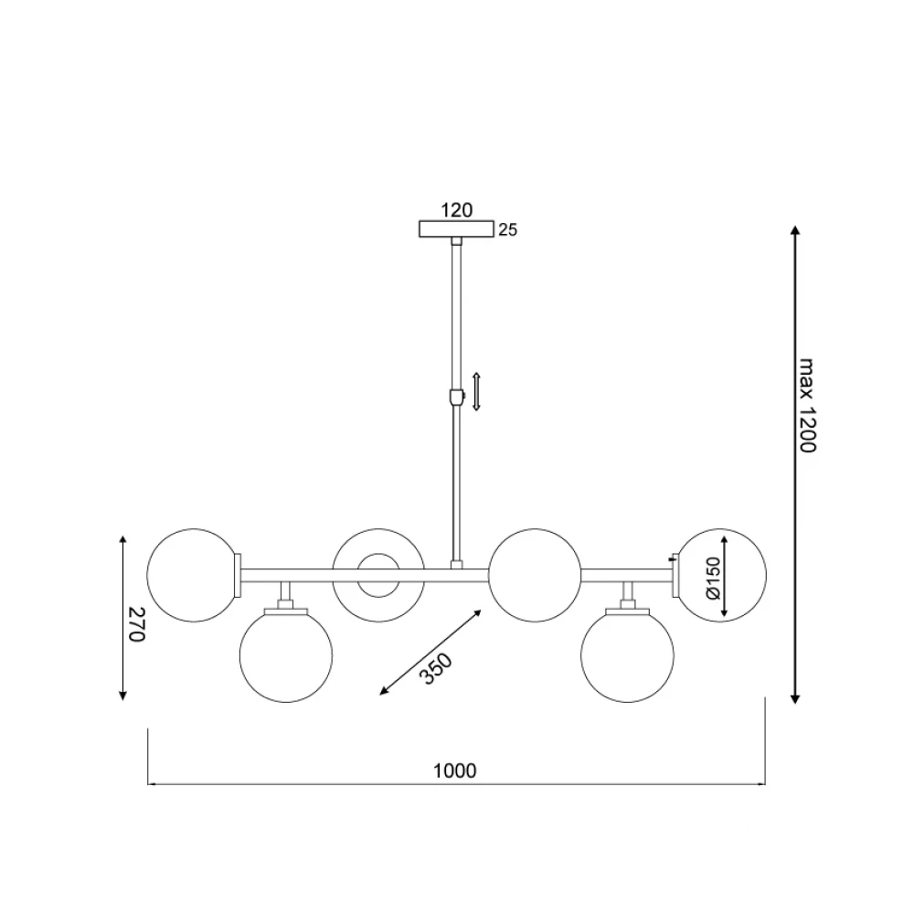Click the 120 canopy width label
[x=456, y=210]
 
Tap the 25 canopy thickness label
[x=507, y=230]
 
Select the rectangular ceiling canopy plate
[x=456, y=229]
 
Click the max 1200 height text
[x=807, y=405]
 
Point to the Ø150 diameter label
[x=714, y=578]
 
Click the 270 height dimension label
[x=135, y=623]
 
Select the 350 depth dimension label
[x=436, y=668]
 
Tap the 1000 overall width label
[x=454, y=771]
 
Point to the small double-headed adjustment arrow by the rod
[x=476, y=391]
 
